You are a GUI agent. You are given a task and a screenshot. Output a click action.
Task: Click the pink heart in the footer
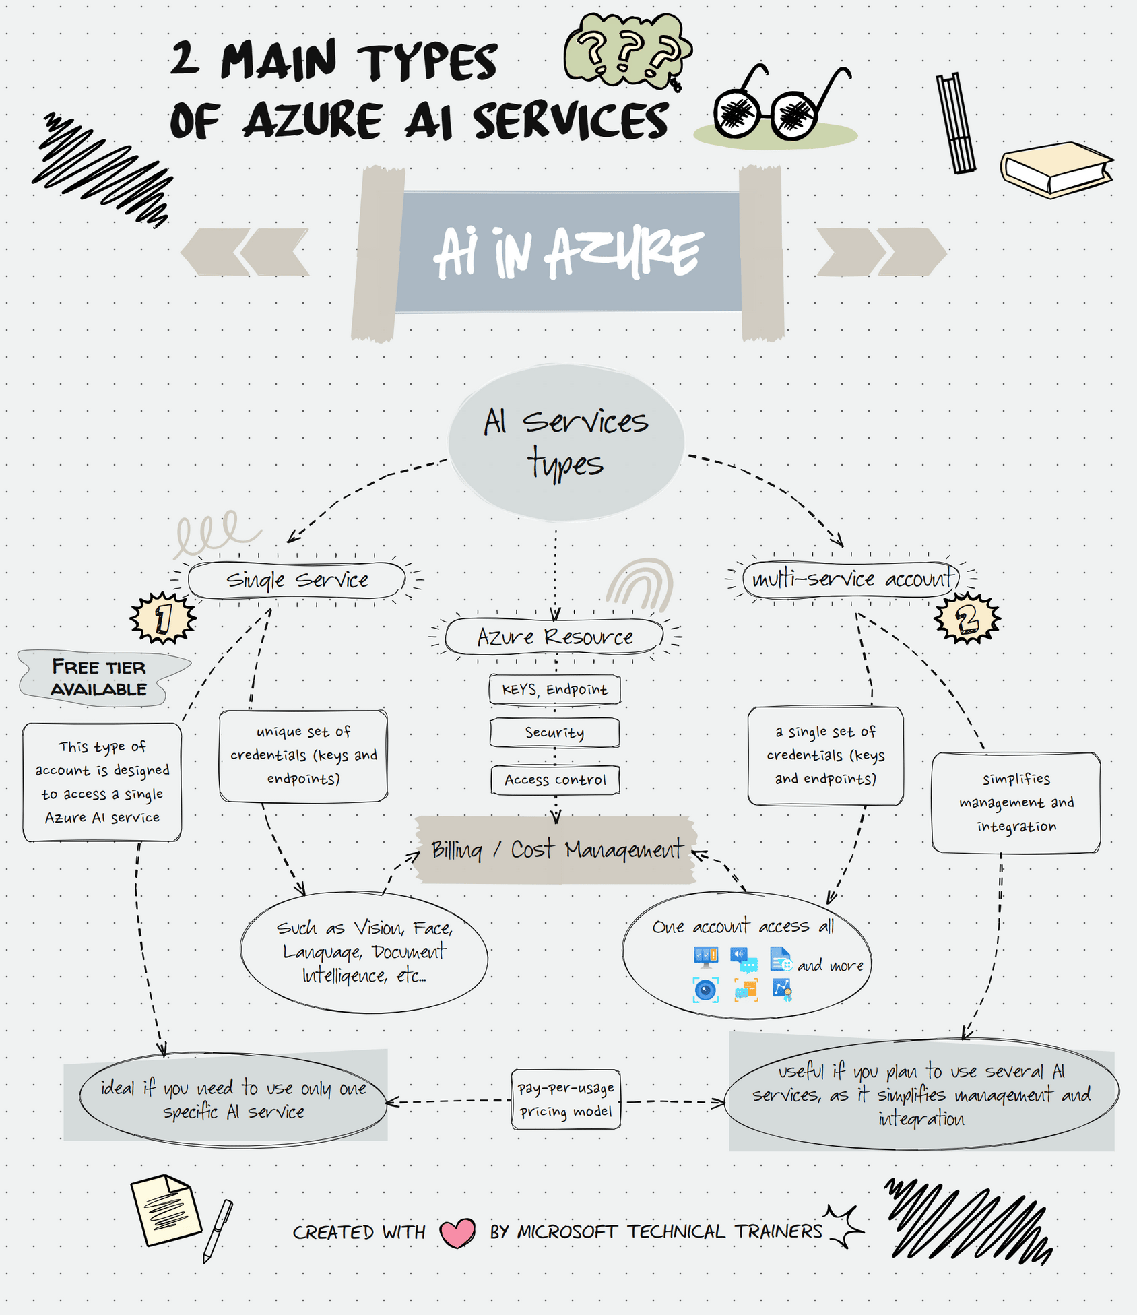click(457, 1233)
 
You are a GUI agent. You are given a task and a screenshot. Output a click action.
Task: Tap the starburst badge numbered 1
click(163, 618)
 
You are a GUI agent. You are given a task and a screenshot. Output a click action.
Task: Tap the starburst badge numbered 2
click(967, 618)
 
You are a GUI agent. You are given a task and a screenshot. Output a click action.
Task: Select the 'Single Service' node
click(297, 580)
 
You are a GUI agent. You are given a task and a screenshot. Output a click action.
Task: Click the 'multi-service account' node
click(851, 579)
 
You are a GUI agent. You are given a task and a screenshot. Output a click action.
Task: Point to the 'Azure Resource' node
click(554, 637)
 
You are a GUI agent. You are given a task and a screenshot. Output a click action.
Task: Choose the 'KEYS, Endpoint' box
click(554, 689)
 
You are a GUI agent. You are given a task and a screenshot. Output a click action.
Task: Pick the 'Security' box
click(554, 732)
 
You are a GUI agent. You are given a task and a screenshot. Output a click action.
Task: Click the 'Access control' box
click(555, 780)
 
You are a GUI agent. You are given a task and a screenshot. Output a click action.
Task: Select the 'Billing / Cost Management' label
click(556, 849)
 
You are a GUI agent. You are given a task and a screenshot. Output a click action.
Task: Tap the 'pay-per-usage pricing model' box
click(566, 1099)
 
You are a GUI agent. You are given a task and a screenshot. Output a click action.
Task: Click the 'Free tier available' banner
click(99, 678)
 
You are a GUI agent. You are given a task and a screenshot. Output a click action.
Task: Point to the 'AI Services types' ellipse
click(566, 443)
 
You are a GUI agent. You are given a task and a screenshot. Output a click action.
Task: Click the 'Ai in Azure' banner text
click(568, 253)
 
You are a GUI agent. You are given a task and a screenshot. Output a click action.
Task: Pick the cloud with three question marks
click(626, 51)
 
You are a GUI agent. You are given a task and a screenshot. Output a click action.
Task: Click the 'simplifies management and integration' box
click(1016, 802)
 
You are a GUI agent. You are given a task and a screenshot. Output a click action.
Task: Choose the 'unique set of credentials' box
click(303, 755)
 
